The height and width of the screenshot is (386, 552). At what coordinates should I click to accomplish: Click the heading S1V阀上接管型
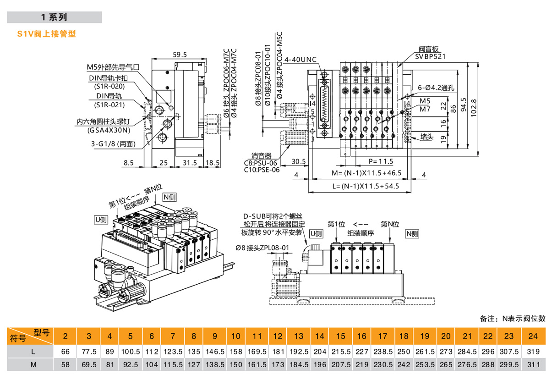pyautogui.click(x=46, y=34)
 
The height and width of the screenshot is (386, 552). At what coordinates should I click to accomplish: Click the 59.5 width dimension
pyautogui.click(x=180, y=55)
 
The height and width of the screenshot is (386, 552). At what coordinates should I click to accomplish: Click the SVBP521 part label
pyautogui.click(x=431, y=57)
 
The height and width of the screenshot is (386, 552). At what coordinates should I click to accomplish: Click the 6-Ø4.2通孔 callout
pyautogui.click(x=436, y=88)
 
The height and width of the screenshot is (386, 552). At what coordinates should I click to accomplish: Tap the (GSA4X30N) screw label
pyautogui.click(x=109, y=130)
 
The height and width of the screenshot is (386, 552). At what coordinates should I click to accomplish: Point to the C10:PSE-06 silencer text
pyautogui.click(x=262, y=170)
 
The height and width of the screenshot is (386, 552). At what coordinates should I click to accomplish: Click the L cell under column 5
pyautogui.click(x=131, y=351)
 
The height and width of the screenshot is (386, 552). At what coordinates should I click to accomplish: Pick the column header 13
pyautogui.click(x=299, y=336)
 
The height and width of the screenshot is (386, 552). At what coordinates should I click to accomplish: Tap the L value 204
pyautogui.click(x=320, y=351)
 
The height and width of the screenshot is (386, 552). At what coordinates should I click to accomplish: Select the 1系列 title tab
pyautogui.click(x=54, y=17)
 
